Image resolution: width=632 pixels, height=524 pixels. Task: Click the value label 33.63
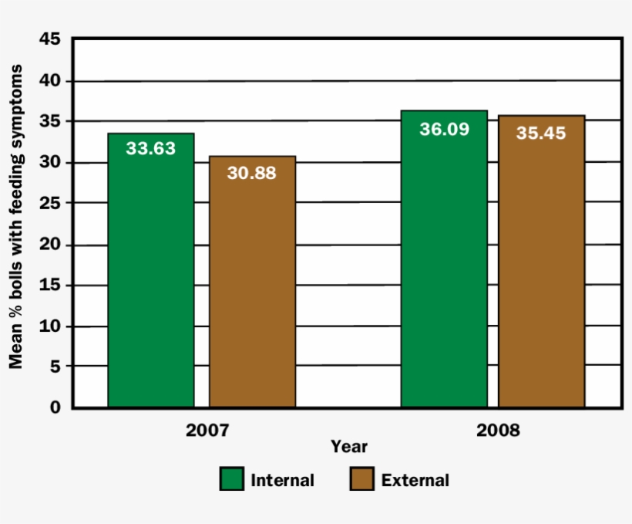151,148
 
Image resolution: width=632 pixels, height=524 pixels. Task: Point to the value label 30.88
252,172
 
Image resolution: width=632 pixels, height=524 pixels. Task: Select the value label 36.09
444,129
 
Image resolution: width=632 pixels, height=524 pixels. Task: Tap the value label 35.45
541,133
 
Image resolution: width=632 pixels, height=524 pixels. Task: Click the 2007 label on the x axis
207,430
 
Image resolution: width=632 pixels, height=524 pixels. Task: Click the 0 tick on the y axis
55,407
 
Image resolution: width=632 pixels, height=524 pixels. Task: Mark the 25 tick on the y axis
49,203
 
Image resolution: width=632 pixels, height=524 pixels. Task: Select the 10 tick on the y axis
49,326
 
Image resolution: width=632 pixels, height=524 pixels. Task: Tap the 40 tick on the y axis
49,80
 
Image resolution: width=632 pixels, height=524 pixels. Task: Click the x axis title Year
349,447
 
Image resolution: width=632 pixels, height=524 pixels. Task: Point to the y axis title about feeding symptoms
16,216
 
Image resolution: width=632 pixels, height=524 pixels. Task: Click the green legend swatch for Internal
231,479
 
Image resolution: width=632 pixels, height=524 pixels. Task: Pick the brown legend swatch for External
361,479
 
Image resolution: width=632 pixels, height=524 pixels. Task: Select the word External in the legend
415,480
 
